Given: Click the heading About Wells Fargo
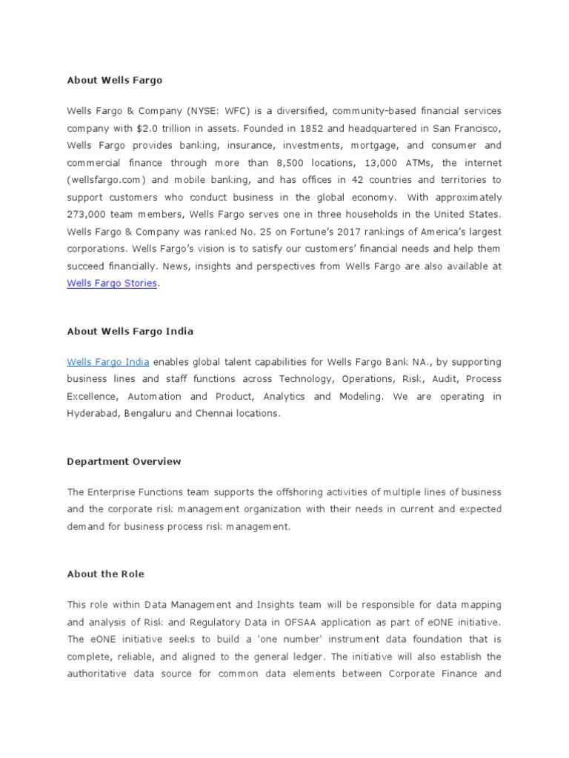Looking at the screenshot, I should pyautogui.click(x=114, y=80).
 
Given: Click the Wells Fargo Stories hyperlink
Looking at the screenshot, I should pyautogui.click(x=112, y=284).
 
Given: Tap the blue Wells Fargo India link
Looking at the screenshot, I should pyautogui.click(x=108, y=362).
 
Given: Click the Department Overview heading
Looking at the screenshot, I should pyautogui.click(x=124, y=461).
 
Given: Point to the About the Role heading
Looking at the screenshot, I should pyautogui.click(x=105, y=574).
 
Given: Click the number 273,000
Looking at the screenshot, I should pyautogui.click(x=87, y=215).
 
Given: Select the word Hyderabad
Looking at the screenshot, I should pyautogui.click(x=93, y=414).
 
